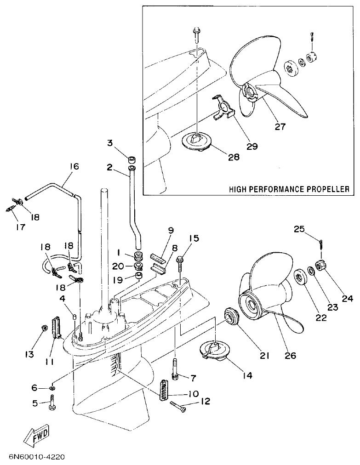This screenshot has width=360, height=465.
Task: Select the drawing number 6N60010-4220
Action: tap(36, 457)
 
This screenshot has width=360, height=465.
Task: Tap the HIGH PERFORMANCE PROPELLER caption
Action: tap(289, 189)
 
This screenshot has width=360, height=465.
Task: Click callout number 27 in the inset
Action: tap(280, 127)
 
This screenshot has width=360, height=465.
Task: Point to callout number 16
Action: tap(74, 166)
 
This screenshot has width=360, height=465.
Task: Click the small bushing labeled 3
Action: tap(131, 160)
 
